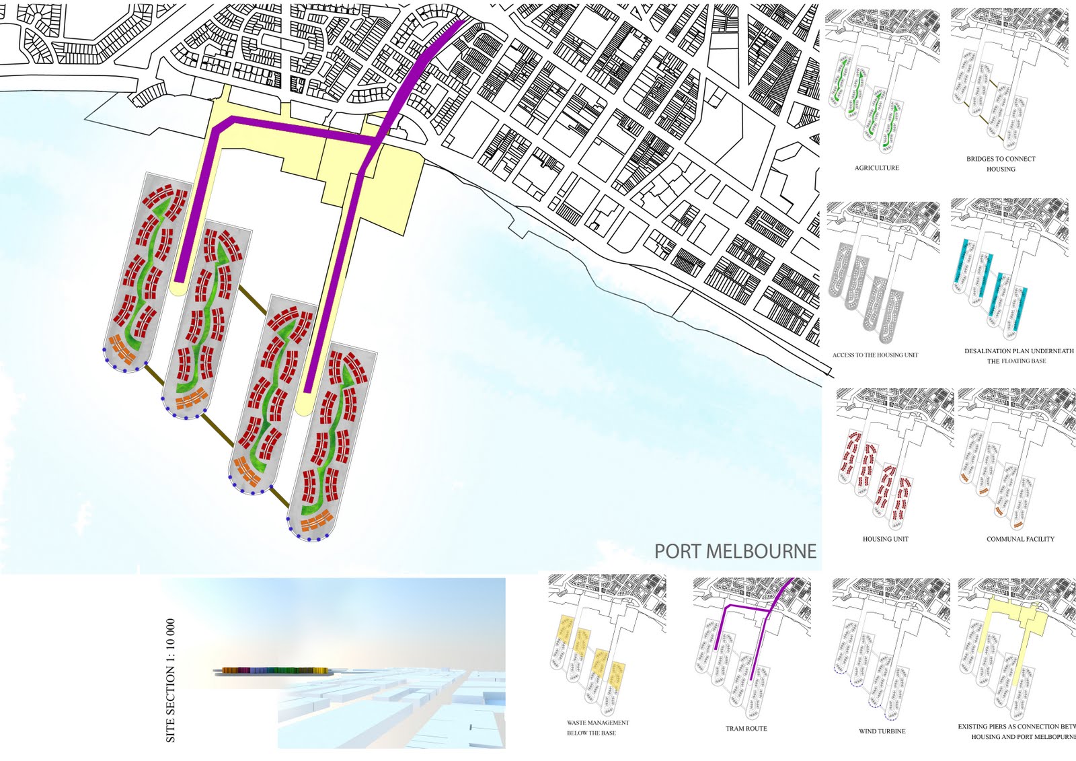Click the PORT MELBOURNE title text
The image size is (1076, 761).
tap(735, 552)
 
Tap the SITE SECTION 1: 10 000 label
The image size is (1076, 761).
tap(171, 680)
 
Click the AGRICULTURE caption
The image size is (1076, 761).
tap(876, 168)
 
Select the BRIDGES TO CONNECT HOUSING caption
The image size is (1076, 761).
tap(1001, 164)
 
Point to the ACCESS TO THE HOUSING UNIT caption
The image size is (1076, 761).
tap(875, 355)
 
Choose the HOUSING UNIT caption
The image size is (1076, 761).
tap(885, 539)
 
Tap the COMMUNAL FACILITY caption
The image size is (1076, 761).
tap(1020, 539)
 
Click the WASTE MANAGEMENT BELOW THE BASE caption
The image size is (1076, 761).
tap(597, 727)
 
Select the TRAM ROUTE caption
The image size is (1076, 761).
tap(746, 729)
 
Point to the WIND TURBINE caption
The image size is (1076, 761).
tap(882, 731)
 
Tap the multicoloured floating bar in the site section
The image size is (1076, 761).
tap(274, 671)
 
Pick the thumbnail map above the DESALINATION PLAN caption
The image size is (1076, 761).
tap(1009, 269)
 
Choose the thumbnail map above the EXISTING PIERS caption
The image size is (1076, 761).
tap(1015, 646)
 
